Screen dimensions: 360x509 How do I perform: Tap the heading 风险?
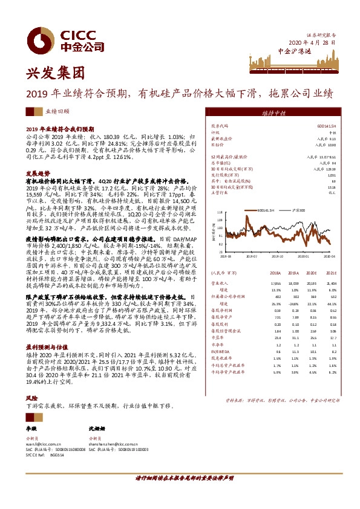pyautogui.click(x=31, y=398)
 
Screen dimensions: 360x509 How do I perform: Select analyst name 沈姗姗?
pyautogui.click(x=97, y=428)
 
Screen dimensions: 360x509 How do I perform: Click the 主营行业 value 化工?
pyautogui.click(x=332, y=192)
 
